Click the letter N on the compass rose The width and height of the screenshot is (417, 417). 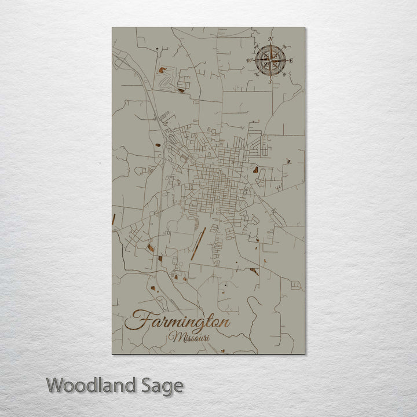point(270,39)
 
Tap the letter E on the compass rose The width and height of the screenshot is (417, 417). point(291,60)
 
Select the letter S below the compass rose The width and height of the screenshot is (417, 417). point(270,82)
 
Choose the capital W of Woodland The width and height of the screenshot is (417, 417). point(55,385)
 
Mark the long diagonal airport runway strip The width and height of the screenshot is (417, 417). point(197,242)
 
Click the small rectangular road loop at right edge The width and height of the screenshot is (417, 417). point(296,284)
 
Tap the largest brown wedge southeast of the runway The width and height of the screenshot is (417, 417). point(253,270)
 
